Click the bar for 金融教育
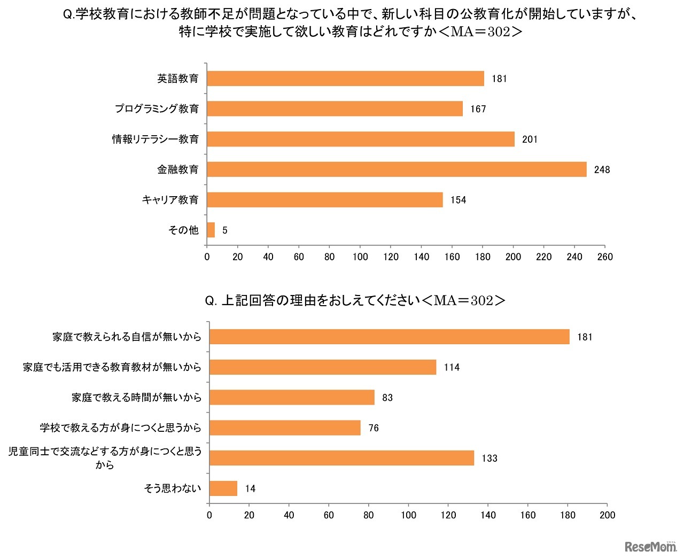(397, 169)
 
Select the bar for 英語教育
(345, 79)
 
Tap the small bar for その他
(211, 230)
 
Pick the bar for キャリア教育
(325, 200)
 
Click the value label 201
(530, 139)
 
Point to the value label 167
(478, 109)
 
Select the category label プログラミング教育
(157, 109)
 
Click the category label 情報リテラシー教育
(155, 139)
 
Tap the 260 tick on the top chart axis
(605, 257)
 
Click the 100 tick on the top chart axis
(360, 257)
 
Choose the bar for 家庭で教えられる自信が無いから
(389, 337)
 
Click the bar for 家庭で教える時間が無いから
(292, 398)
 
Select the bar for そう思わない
(223, 488)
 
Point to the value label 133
(489, 459)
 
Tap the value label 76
(374, 428)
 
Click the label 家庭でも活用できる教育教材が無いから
(112, 368)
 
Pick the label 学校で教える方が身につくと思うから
(120, 428)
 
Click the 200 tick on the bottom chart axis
(607, 515)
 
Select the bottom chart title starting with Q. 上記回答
(355, 301)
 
